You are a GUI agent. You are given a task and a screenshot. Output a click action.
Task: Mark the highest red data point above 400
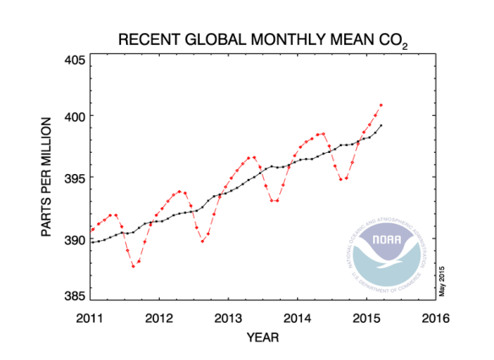pos(381,105)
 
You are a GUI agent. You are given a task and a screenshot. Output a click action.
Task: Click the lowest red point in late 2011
pos(133,266)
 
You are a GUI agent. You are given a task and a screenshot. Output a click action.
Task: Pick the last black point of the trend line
pos(381,125)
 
